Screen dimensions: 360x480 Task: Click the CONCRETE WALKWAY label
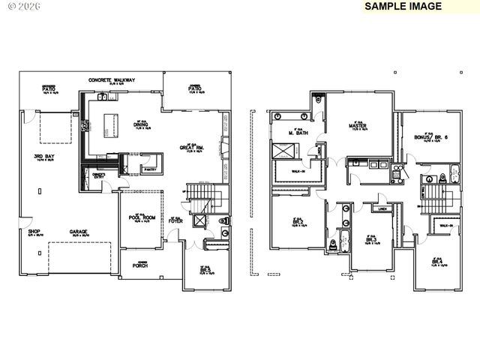111,80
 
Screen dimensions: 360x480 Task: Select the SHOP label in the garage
34,232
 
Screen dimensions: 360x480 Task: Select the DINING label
140,124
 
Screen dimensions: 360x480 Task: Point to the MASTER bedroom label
356,125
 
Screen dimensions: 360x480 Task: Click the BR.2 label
297,222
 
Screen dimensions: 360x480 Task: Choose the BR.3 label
370,238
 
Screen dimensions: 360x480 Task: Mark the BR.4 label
436,260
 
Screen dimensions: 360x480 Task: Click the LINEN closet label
382,210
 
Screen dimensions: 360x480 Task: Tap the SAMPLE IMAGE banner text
403,6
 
